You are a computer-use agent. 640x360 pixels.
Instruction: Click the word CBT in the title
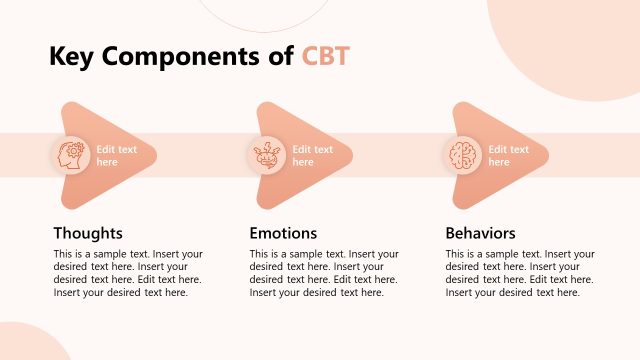pyautogui.click(x=326, y=57)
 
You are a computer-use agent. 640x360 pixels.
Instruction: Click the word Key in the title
pyautogui.click(x=75, y=57)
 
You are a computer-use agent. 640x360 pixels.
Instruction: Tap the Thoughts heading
pyautogui.click(x=88, y=233)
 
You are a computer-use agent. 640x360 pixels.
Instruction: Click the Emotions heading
pyautogui.click(x=283, y=233)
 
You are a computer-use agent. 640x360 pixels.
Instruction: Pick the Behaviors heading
pyautogui.click(x=480, y=233)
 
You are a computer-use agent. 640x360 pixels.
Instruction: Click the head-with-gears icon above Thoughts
pyautogui.click(x=70, y=155)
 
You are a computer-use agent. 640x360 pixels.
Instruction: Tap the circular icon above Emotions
pyautogui.click(x=266, y=155)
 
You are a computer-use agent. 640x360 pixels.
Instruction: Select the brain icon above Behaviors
pyautogui.click(x=462, y=155)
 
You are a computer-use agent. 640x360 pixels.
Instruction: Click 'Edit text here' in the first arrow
pyautogui.click(x=116, y=155)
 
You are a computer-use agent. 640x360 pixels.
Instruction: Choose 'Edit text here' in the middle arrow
pyautogui.click(x=312, y=155)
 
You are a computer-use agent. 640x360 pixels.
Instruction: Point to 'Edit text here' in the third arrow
pyautogui.click(x=508, y=155)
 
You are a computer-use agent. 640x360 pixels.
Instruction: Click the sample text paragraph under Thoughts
pyautogui.click(x=128, y=273)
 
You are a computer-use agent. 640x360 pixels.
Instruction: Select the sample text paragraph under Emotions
pyautogui.click(x=324, y=273)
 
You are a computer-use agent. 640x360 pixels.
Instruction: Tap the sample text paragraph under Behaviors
pyautogui.click(x=520, y=273)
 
